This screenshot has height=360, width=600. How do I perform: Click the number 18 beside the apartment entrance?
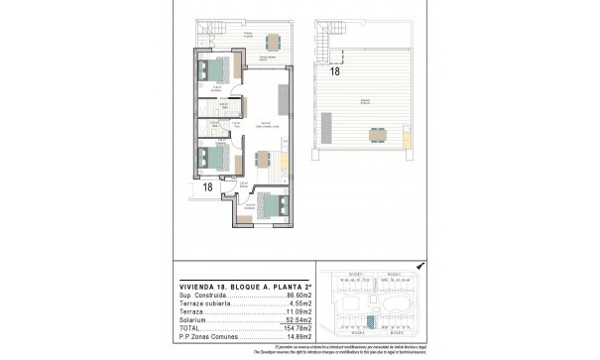pyautogui.click(x=208, y=185)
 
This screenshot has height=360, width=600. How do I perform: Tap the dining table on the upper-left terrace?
pyautogui.click(x=272, y=41)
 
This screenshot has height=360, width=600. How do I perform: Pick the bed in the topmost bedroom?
pyautogui.click(x=215, y=71)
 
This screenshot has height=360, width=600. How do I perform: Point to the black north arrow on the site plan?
pyautogui.click(x=420, y=265)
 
